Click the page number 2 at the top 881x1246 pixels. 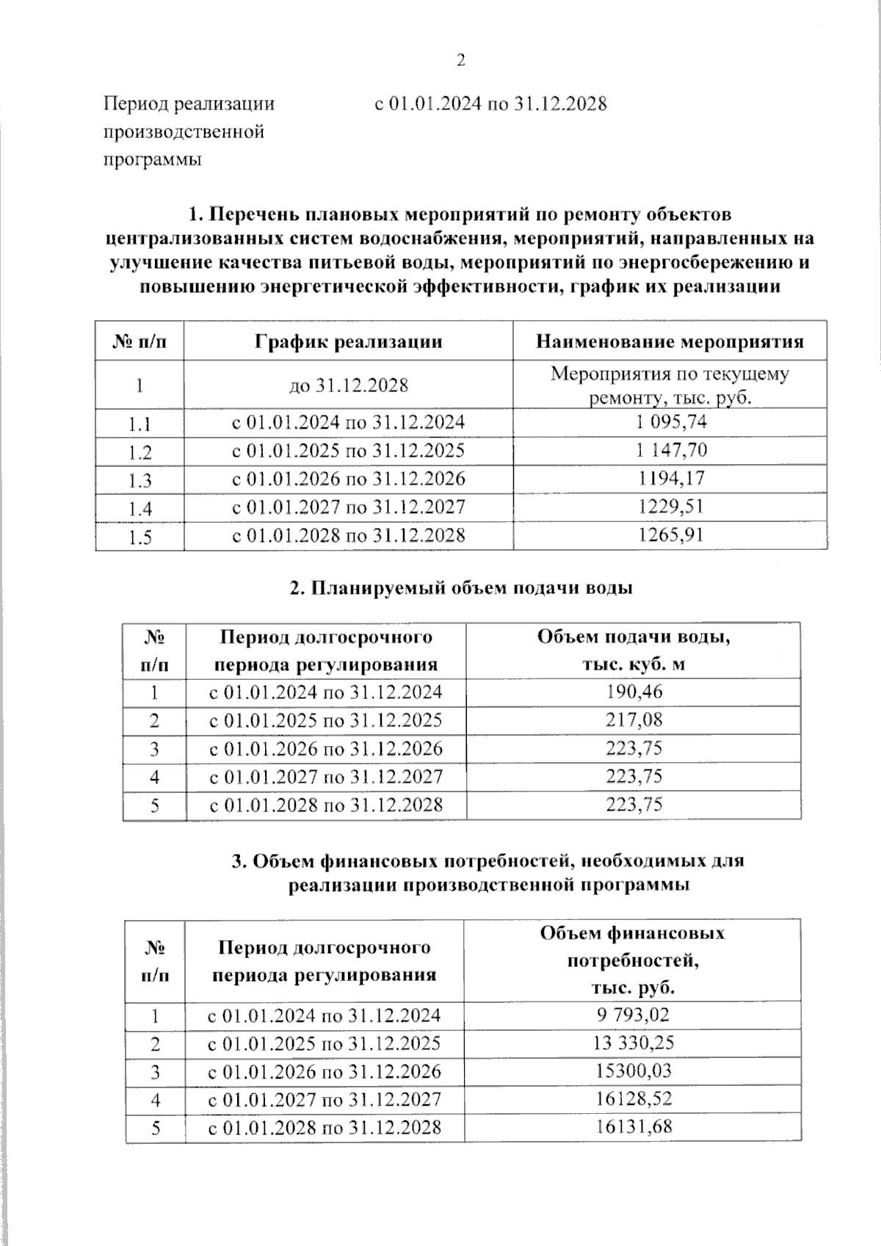461,61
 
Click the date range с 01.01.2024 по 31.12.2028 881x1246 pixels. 490,104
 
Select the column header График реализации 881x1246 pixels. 348,341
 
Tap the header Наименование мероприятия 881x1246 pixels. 670,341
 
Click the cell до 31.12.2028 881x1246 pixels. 348,385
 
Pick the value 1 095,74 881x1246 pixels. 670,422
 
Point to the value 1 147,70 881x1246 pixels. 670,450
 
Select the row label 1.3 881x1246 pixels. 139,481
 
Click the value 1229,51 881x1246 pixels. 670,506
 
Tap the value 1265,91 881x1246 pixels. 670,534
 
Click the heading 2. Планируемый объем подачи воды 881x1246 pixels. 461,588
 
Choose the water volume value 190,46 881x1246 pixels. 634,692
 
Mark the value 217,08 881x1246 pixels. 634,720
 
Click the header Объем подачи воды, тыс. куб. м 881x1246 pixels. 634,650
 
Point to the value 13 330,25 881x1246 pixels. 632,1043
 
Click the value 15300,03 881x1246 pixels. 632,1071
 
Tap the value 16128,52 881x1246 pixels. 632,1098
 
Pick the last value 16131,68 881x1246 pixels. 632,1126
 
